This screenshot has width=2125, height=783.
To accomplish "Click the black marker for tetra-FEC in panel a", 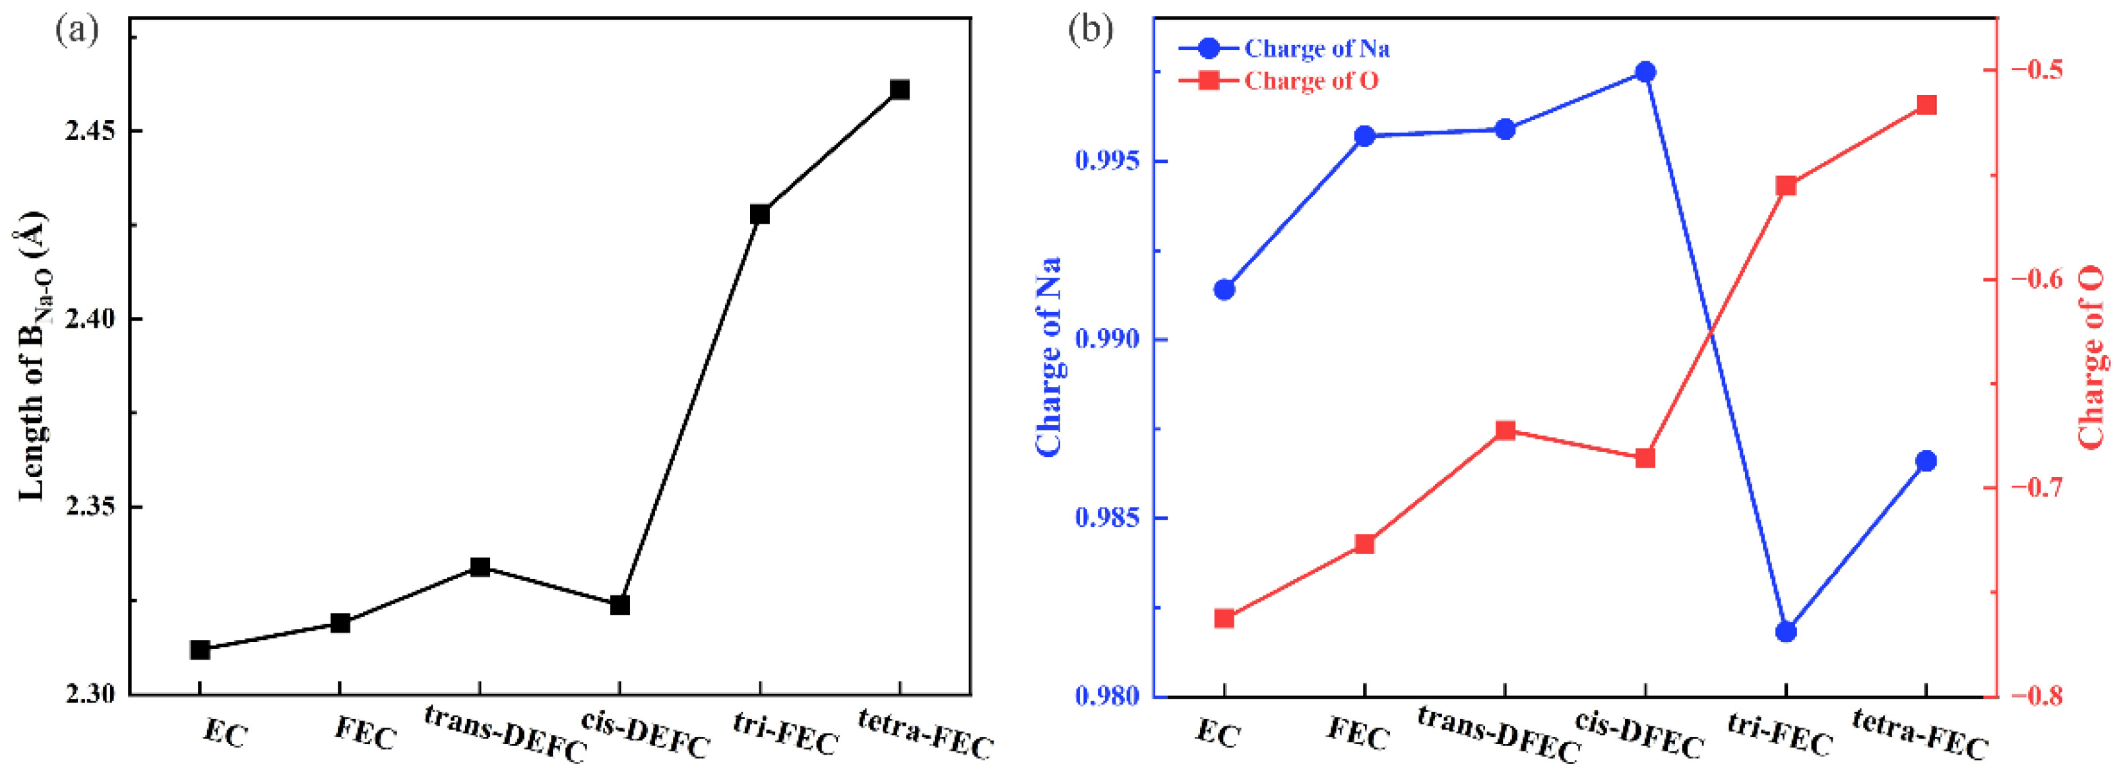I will click(899, 89).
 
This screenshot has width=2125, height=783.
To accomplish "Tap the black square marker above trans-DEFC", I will click(479, 567).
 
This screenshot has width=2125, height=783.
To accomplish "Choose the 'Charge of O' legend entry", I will click(1310, 81).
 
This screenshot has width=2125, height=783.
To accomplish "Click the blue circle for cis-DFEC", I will click(1645, 72).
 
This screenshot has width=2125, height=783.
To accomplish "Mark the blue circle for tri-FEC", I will click(1786, 631).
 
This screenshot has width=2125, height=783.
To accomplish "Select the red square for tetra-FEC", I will click(1926, 105).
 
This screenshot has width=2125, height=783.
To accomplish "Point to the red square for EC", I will click(1224, 619).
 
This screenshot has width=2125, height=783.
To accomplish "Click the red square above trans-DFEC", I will click(1505, 431).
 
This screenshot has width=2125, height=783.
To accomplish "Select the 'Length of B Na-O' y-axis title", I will click(33, 355).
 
